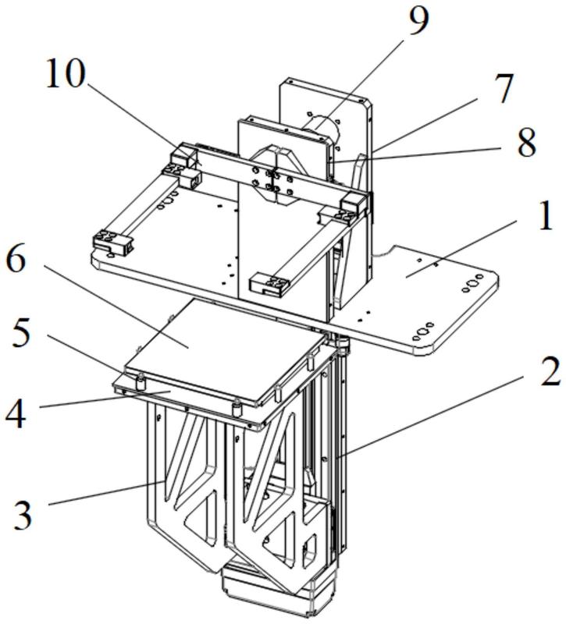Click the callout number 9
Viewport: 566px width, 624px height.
click(x=418, y=22)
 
